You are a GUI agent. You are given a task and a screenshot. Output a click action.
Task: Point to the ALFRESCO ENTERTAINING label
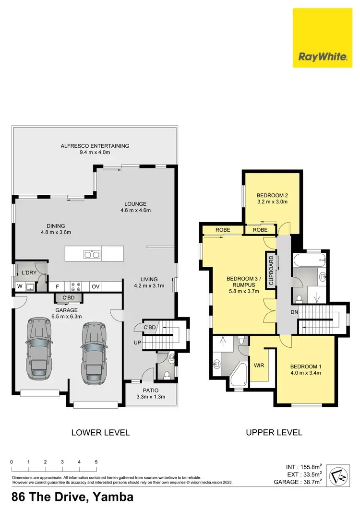[95, 146]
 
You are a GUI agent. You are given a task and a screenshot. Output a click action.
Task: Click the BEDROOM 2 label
[272, 195]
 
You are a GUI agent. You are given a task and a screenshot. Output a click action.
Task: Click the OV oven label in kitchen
[96, 287]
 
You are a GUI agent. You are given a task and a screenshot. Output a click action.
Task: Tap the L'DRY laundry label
[30, 273]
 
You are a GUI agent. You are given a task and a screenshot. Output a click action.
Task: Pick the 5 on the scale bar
[96, 462]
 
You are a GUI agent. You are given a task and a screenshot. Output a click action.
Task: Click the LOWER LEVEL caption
[100, 432]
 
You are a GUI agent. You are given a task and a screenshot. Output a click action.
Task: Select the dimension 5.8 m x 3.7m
[244, 291]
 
